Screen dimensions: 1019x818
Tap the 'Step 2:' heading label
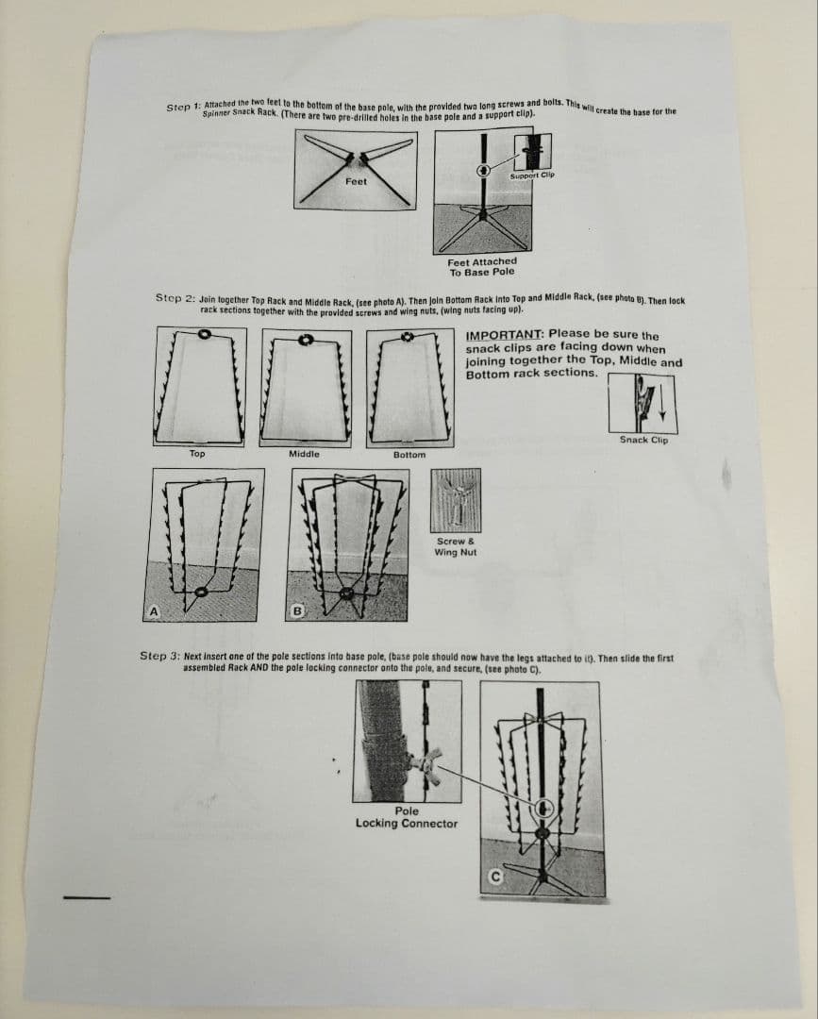point(175,297)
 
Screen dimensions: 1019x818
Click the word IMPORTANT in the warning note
point(503,334)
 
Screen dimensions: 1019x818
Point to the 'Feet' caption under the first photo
point(356,181)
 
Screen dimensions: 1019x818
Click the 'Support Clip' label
point(532,175)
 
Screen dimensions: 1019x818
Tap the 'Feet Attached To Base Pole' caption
point(482,267)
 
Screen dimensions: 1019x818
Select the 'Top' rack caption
point(196,454)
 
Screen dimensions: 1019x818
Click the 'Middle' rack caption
point(304,454)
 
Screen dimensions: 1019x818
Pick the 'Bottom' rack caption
point(409,454)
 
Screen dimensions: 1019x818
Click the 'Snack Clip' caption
point(643,440)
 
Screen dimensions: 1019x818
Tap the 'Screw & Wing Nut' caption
point(456,546)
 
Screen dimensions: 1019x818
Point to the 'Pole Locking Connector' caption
point(407,817)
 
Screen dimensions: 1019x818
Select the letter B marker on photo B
point(296,611)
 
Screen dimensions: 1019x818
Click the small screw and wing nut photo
point(457,499)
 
